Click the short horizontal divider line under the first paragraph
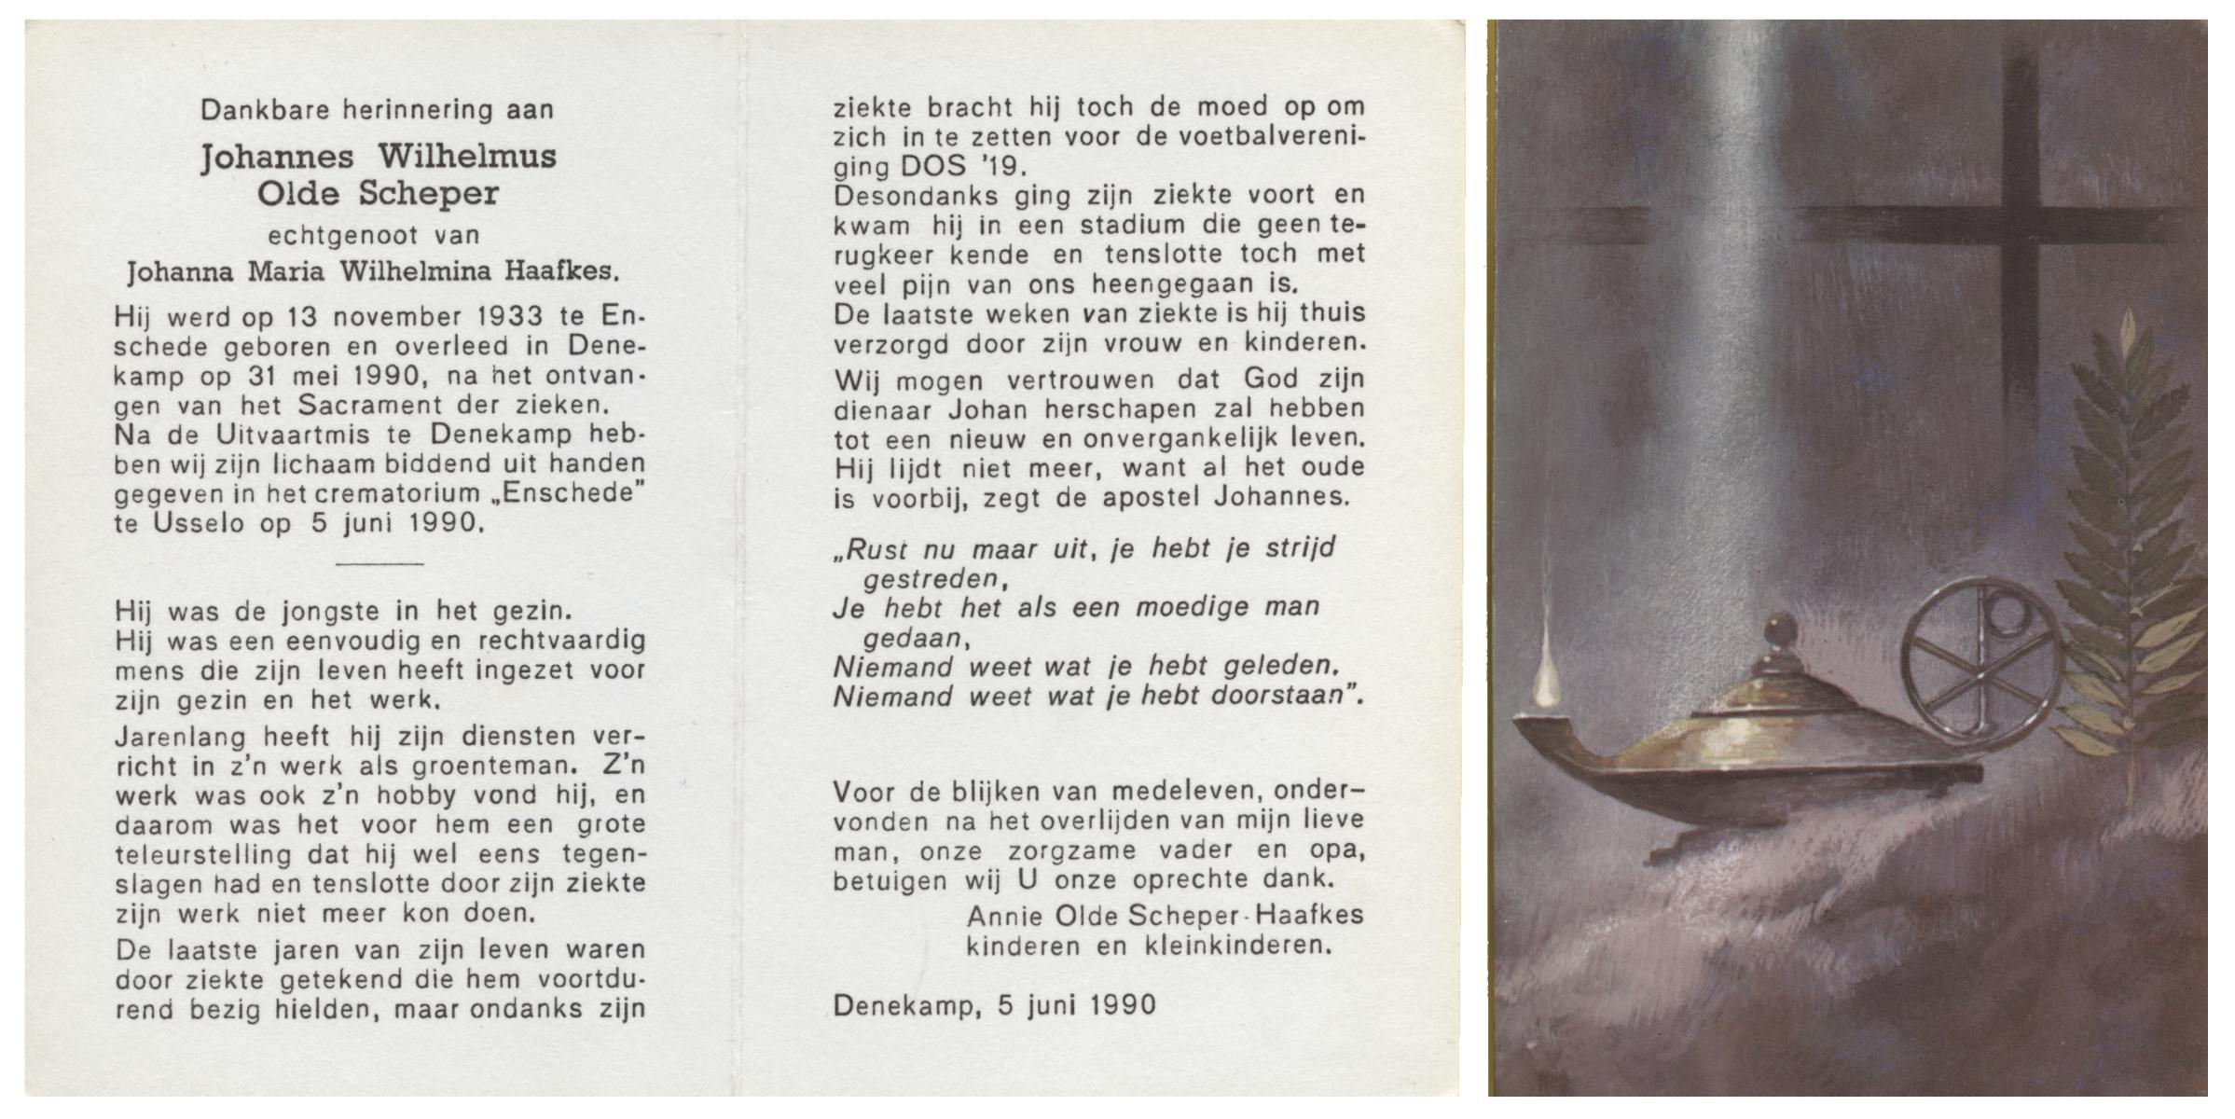click(379, 563)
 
